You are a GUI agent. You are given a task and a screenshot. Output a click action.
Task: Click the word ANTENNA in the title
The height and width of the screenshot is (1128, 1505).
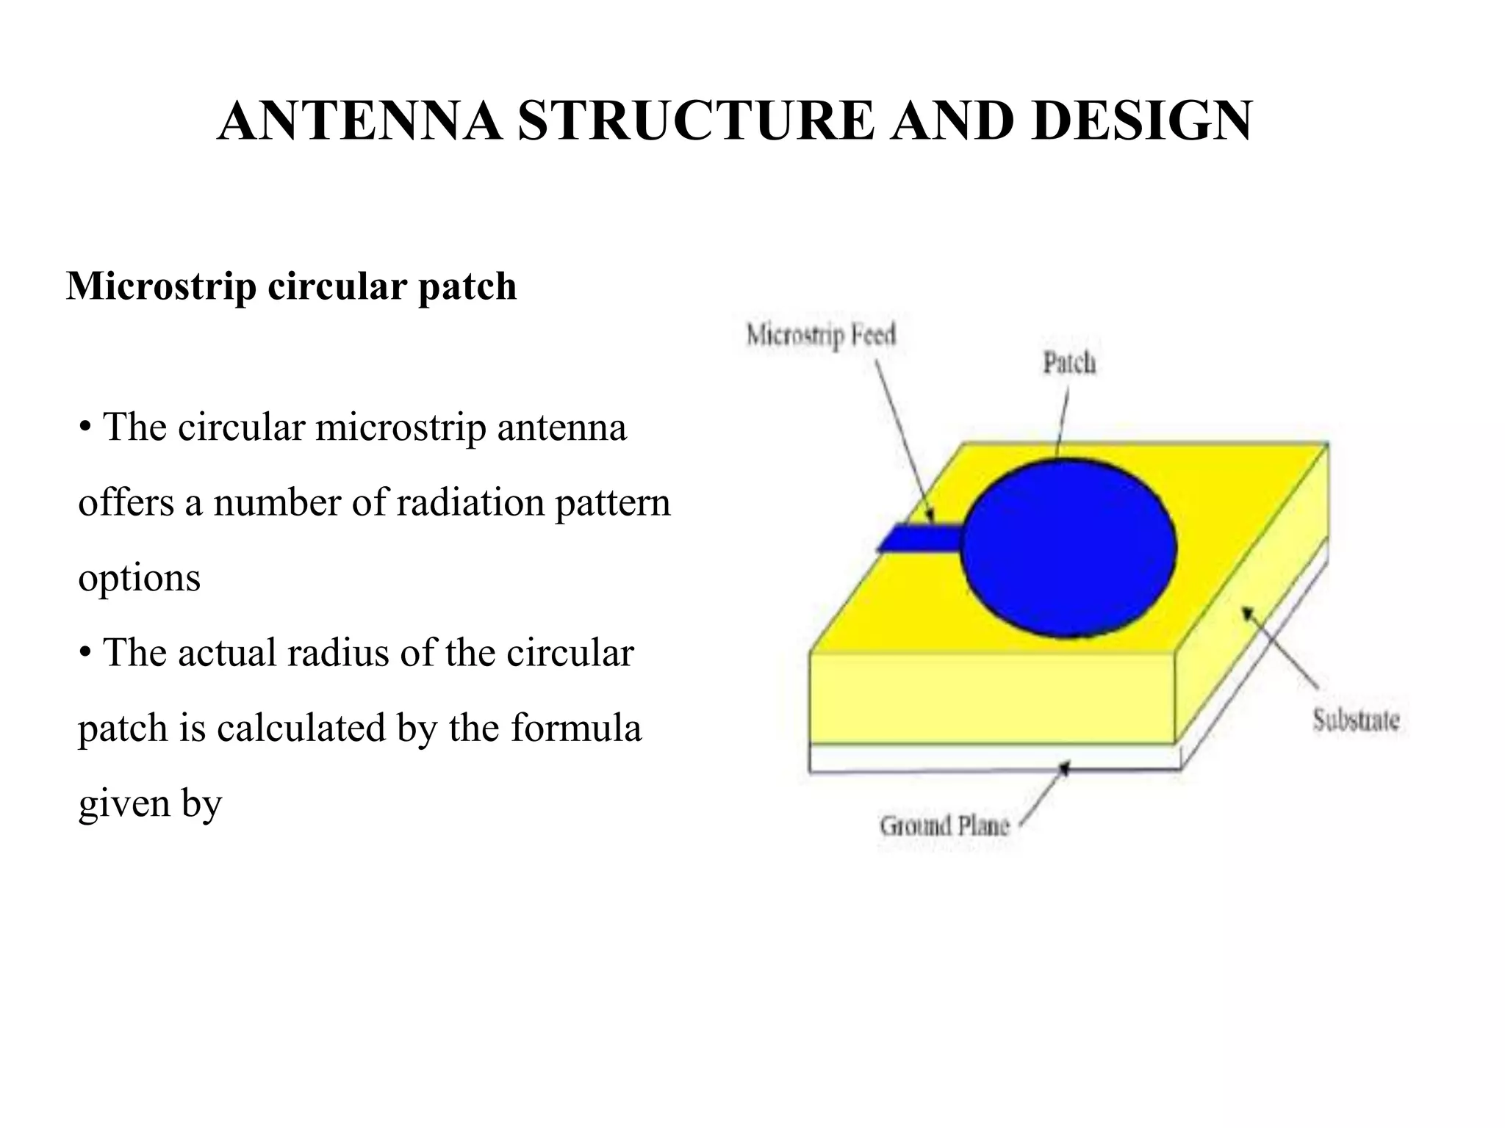tap(360, 121)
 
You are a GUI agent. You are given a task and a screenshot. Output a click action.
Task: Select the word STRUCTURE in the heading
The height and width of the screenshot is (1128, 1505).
tap(695, 121)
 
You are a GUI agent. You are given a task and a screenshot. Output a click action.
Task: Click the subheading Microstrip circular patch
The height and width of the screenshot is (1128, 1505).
tap(292, 286)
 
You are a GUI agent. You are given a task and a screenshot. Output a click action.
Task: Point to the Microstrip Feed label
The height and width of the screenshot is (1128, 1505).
tap(821, 336)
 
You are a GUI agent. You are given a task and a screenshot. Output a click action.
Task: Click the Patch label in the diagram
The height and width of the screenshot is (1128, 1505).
tap(1069, 363)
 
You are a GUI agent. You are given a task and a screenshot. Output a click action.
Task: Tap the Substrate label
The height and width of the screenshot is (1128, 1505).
tap(1356, 720)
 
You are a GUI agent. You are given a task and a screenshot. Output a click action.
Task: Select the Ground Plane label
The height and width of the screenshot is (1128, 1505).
tap(944, 825)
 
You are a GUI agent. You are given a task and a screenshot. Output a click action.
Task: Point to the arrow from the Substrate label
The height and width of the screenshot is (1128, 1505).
tap(1279, 646)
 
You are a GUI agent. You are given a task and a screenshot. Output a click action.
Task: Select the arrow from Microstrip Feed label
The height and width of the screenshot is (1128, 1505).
tap(904, 441)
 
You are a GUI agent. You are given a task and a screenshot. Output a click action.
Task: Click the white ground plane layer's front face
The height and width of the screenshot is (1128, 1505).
tap(992, 758)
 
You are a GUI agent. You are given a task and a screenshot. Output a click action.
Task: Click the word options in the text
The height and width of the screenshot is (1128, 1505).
tap(139, 579)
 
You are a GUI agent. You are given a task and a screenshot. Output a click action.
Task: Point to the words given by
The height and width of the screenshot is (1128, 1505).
tap(150, 803)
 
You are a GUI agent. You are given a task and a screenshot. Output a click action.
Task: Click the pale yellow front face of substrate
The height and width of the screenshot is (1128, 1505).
tap(992, 698)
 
